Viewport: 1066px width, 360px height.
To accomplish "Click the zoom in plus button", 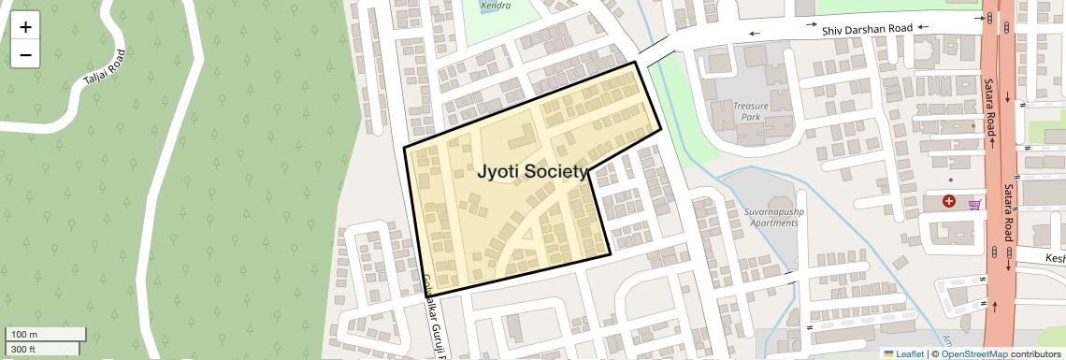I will coord(25,27).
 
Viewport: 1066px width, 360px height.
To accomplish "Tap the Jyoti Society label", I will coord(534,172).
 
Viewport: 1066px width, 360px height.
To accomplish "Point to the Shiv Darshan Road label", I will coord(867,30).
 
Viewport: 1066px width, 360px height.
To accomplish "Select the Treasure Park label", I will coord(750,112).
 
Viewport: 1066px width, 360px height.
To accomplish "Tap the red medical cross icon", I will coord(949,201).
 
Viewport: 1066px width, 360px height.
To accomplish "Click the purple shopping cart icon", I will coord(974,205).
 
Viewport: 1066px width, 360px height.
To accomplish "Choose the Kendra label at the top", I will coord(496,6).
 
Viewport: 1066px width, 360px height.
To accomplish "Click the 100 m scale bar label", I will coord(24,335).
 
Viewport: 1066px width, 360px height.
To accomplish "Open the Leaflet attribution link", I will coord(903,353).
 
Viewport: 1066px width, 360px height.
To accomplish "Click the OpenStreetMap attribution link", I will coord(974,353).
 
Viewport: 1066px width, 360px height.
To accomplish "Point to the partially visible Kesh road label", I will coord(1054,258).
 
